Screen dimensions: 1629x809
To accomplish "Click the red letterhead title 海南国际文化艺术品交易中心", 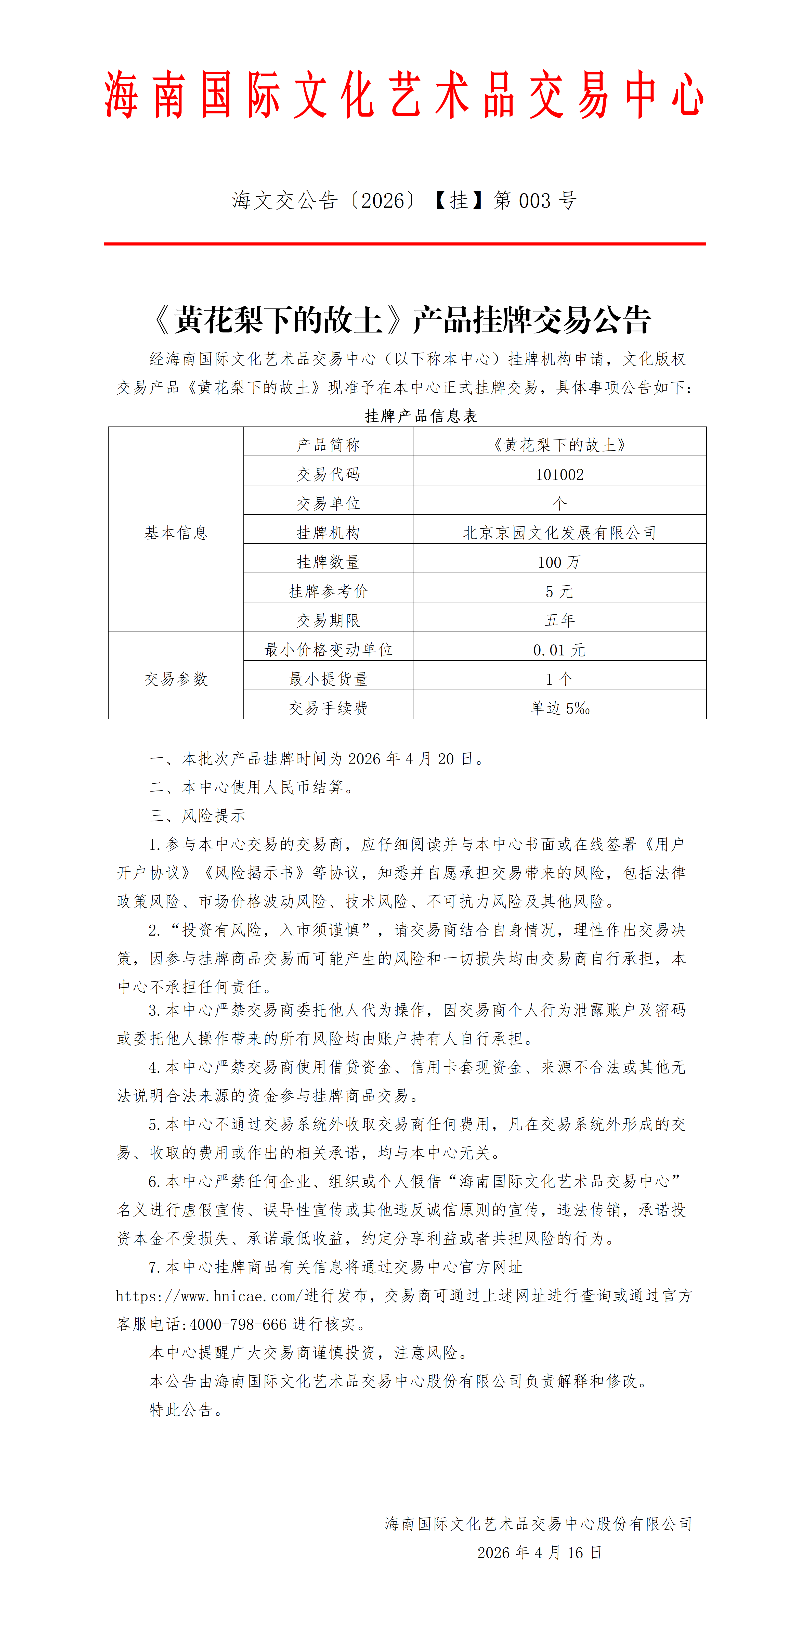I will (x=404, y=95).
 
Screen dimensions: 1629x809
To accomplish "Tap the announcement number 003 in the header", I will (x=534, y=201).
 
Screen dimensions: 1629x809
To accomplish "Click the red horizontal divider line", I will (x=404, y=243).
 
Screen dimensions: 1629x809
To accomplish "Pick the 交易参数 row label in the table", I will (x=176, y=679).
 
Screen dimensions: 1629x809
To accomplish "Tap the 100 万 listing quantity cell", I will (x=559, y=562).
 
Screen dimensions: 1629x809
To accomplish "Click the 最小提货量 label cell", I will (x=328, y=679).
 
